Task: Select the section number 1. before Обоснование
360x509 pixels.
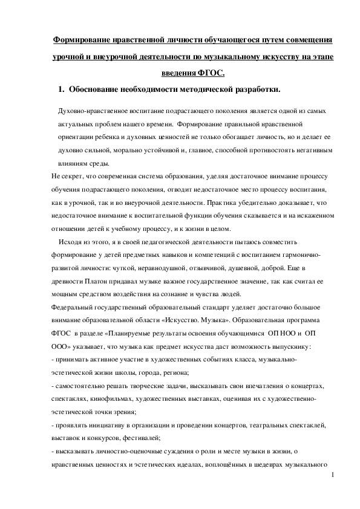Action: pos(61,90)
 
